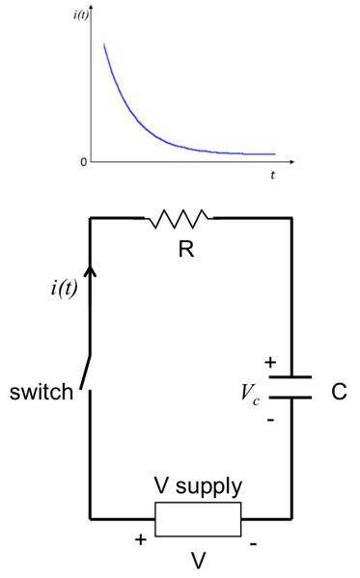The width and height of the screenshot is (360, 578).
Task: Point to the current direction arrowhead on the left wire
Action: (x=91, y=276)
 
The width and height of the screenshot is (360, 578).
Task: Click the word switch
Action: (x=42, y=393)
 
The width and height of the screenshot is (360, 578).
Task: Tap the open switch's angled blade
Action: (x=86, y=372)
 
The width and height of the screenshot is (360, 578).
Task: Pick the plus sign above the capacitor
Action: (x=270, y=363)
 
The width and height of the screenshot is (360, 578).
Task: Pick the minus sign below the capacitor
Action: (x=270, y=421)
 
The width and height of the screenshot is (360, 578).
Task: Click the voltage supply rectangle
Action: (x=198, y=519)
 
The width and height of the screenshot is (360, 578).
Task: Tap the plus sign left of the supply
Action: (x=141, y=540)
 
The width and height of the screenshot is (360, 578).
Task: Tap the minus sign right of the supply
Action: (x=253, y=545)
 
